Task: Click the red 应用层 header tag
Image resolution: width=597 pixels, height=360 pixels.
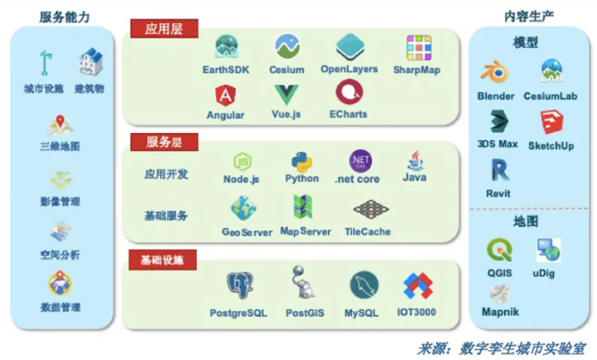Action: click(164, 29)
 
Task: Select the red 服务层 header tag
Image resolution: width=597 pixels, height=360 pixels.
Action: click(164, 142)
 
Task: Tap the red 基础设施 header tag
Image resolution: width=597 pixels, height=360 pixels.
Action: click(163, 260)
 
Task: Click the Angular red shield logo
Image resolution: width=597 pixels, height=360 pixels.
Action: click(226, 96)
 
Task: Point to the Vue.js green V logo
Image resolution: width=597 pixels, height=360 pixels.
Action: click(286, 95)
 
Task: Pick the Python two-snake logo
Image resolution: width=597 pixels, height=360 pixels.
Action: click(302, 163)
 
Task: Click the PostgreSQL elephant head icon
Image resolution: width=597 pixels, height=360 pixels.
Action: click(240, 286)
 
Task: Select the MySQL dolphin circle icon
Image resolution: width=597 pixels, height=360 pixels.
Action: click(364, 286)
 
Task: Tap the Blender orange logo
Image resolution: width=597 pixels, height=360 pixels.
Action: click(494, 71)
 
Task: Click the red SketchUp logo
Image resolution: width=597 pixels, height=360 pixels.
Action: click(551, 121)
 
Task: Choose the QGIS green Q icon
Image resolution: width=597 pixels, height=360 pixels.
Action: click(500, 250)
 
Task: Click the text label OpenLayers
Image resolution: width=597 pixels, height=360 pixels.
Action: click(349, 69)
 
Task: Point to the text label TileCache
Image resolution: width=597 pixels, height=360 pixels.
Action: click(367, 231)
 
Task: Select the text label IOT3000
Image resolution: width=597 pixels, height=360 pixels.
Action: click(416, 312)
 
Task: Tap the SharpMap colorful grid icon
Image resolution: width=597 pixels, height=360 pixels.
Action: click(419, 48)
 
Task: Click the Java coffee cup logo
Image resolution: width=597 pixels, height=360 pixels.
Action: click(415, 161)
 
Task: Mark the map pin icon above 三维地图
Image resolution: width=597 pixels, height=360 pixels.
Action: click(60, 126)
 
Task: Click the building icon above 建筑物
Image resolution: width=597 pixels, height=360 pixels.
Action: click(90, 62)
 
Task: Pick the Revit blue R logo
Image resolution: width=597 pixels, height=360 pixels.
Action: click(500, 170)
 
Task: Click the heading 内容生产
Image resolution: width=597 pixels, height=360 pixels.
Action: click(528, 16)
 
